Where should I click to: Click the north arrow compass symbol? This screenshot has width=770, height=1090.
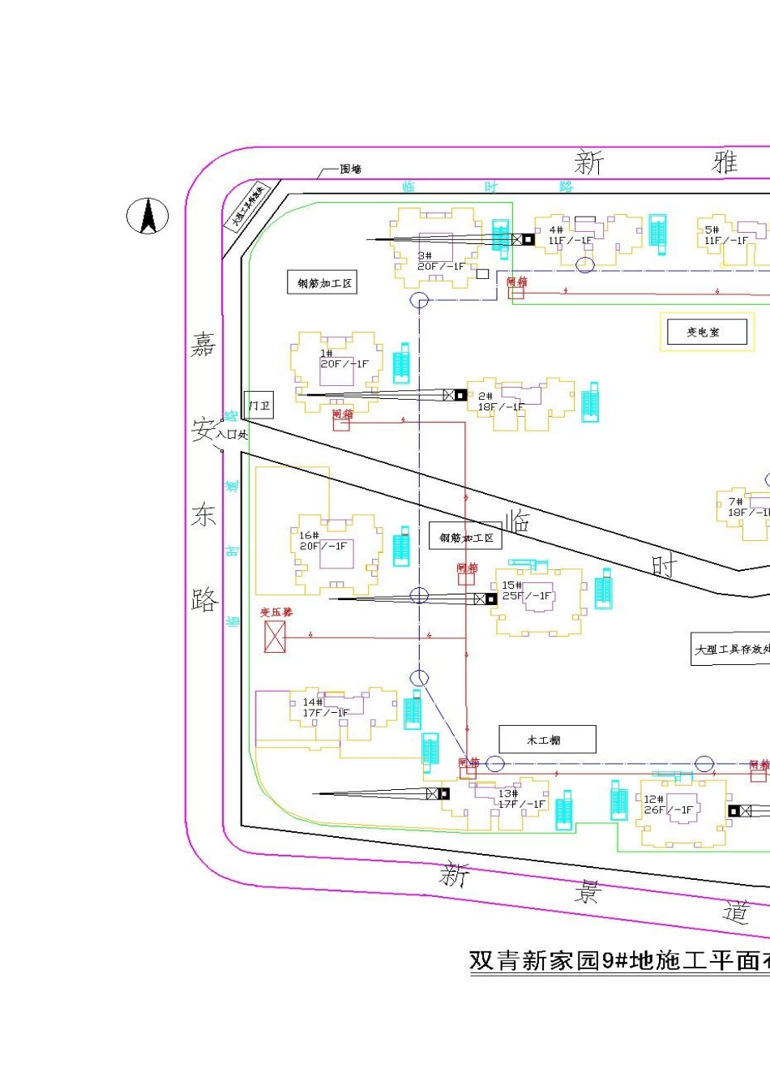pos(148,217)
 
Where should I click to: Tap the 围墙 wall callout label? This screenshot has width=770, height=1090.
pos(350,169)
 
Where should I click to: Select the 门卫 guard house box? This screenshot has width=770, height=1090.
pos(259,405)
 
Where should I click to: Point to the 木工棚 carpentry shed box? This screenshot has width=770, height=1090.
pos(547,740)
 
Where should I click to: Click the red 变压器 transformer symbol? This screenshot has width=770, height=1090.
pos(275,637)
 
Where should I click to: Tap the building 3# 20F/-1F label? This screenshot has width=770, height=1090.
pos(441,261)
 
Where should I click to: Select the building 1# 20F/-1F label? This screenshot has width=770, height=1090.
pos(344,358)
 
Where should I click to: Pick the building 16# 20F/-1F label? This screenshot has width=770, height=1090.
pos(323,541)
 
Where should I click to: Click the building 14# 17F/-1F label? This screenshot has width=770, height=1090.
pos(325,707)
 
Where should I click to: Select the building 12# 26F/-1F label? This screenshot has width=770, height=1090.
pos(668,805)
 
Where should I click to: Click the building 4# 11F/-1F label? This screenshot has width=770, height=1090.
pos(569,235)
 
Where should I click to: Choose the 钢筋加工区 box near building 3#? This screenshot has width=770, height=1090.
pos(323,282)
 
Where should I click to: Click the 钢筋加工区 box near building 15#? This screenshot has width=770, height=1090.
pos(466,537)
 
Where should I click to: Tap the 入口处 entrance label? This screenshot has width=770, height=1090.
pos(232,435)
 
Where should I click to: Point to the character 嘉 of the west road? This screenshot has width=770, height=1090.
pos(203,345)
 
